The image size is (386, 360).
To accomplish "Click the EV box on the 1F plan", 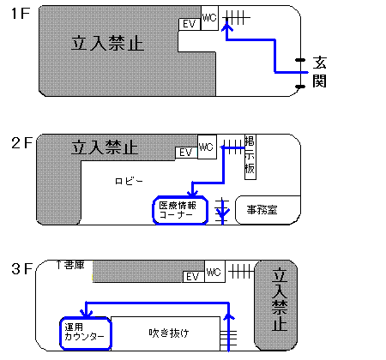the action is click(x=190, y=24).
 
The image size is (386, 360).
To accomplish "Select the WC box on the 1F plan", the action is click(x=209, y=18).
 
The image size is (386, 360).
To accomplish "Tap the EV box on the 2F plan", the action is click(x=186, y=153).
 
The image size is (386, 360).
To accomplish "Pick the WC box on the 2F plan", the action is click(x=207, y=147).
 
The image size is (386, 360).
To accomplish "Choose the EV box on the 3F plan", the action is click(x=194, y=277).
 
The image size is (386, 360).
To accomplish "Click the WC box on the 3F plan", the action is click(x=214, y=272).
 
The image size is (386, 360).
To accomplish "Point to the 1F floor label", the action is click(x=21, y=13).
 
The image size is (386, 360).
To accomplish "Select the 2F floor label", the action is click(x=21, y=143).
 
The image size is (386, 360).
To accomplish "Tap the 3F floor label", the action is click(x=21, y=268).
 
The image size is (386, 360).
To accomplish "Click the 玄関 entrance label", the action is click(x=319, y=72).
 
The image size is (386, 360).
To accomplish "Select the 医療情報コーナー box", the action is click(x=180, y=210).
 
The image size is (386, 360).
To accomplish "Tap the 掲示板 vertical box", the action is click(x=250, y=157).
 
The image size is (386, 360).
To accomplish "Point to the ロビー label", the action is click(x=129, y=181).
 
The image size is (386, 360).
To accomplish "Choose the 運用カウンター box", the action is click(x=86, y=333).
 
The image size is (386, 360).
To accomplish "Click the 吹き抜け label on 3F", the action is click(x=169, y=333).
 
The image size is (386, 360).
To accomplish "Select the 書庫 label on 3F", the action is click(x=71, y=265).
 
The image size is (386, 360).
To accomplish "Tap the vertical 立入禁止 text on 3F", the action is click(x=280, y=299).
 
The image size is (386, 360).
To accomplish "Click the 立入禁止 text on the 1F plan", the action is click(x=107, y=44).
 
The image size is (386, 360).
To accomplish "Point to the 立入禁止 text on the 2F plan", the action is click(x=105, y=147).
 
